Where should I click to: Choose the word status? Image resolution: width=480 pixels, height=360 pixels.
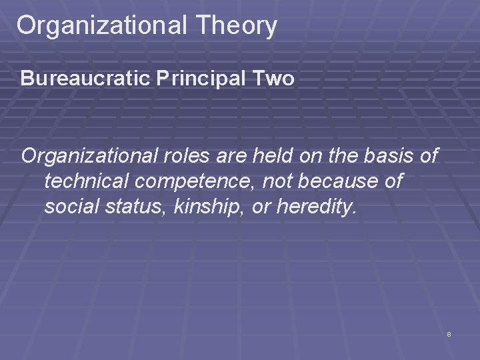[x=136, y=207]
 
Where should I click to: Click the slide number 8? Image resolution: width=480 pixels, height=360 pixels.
[x=449, y=334]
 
